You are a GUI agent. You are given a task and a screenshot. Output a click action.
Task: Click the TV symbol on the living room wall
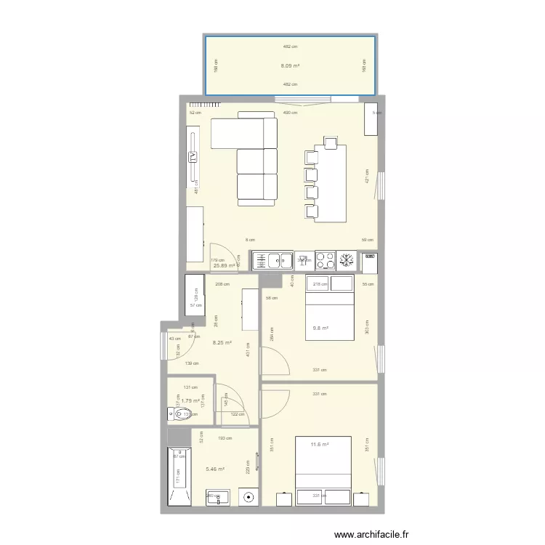193,158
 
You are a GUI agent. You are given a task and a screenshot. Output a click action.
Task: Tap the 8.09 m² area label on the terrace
290,65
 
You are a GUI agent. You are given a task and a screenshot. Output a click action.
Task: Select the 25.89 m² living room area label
224,265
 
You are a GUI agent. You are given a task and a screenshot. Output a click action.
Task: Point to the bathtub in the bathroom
179,477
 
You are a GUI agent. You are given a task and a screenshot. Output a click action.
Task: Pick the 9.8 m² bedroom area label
320,328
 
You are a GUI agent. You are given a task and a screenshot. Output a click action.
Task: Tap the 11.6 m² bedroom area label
320,445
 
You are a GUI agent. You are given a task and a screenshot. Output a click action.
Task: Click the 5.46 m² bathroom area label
215,469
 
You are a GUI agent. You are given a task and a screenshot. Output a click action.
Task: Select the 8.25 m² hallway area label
222,343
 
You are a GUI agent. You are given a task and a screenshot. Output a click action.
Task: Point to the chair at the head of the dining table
331,142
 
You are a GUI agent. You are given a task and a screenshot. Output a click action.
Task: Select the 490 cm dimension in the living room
290,113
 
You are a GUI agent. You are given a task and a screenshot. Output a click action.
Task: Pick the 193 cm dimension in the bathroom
225,438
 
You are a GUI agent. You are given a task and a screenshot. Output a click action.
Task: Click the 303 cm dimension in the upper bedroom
366,328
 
